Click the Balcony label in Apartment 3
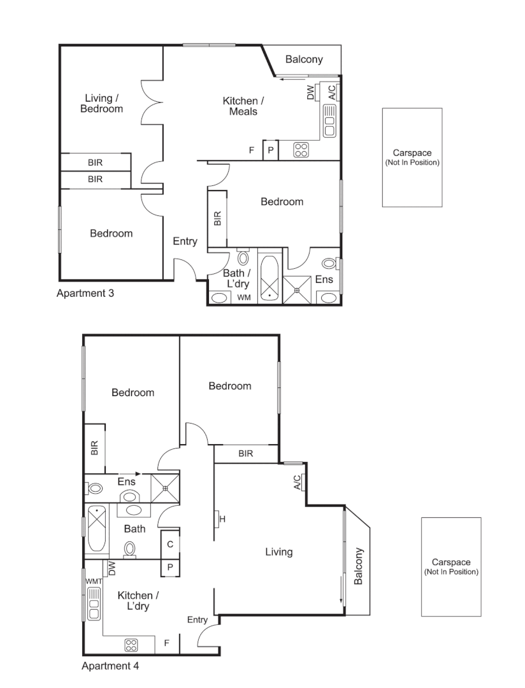tap(304, 59)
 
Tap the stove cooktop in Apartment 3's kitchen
tap(301, 150)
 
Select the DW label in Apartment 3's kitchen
tap(310, 92)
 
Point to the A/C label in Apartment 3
tap(332, 92)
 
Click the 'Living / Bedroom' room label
tap(101, 104)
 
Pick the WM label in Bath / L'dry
tap(244, 297)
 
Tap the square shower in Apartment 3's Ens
tap(297, 290)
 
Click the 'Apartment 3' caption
tap(85, 293)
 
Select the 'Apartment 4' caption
tap(110, 666)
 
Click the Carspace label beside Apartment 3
tap(412, 157)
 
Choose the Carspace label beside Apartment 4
tap(451, 566)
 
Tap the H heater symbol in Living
tap(219, 519)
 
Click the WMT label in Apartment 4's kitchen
tap(94, 582)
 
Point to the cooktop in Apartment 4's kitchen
tap(131, 645)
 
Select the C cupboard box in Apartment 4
tap(170, 545)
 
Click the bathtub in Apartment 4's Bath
tap(97, 529)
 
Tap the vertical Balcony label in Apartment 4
tap(358, 566)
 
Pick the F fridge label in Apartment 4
tap(167, 643)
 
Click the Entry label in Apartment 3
tap(185, 241)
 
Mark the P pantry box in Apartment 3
tap(270, 150)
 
